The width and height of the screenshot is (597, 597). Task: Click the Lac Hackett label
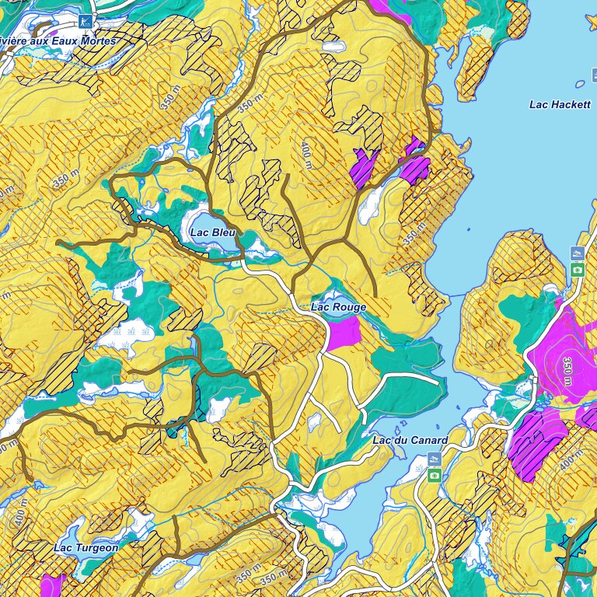pyautogui.click(x=560, y=104)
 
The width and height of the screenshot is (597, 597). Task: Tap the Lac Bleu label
pyautogui.click(x=213, y=232)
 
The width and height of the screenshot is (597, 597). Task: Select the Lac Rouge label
pyautogui.click(x=338, y=307)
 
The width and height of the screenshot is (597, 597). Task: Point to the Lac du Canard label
pyautogui.click(x=410, y=441)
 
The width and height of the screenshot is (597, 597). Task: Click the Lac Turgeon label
pyautogui.click(x=86, y=547)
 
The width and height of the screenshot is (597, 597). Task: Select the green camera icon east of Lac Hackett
pyautogui.click(x=577, y=270)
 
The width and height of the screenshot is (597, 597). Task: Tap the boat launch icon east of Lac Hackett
pyautogui.click(x=577, y=253)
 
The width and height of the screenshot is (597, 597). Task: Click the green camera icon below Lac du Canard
pyautogui.click(x=435, y=474)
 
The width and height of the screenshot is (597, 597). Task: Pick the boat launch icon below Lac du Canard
pyautogui.click(x=435, y=459)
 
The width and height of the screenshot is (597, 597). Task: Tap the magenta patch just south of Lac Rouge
pyautogui.click(x=344, y=333)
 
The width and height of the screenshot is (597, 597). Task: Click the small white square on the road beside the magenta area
pyautogui.click(x=534, y=379)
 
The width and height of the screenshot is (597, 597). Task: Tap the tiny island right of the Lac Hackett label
pyautogui.click(x=580, y=84)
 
